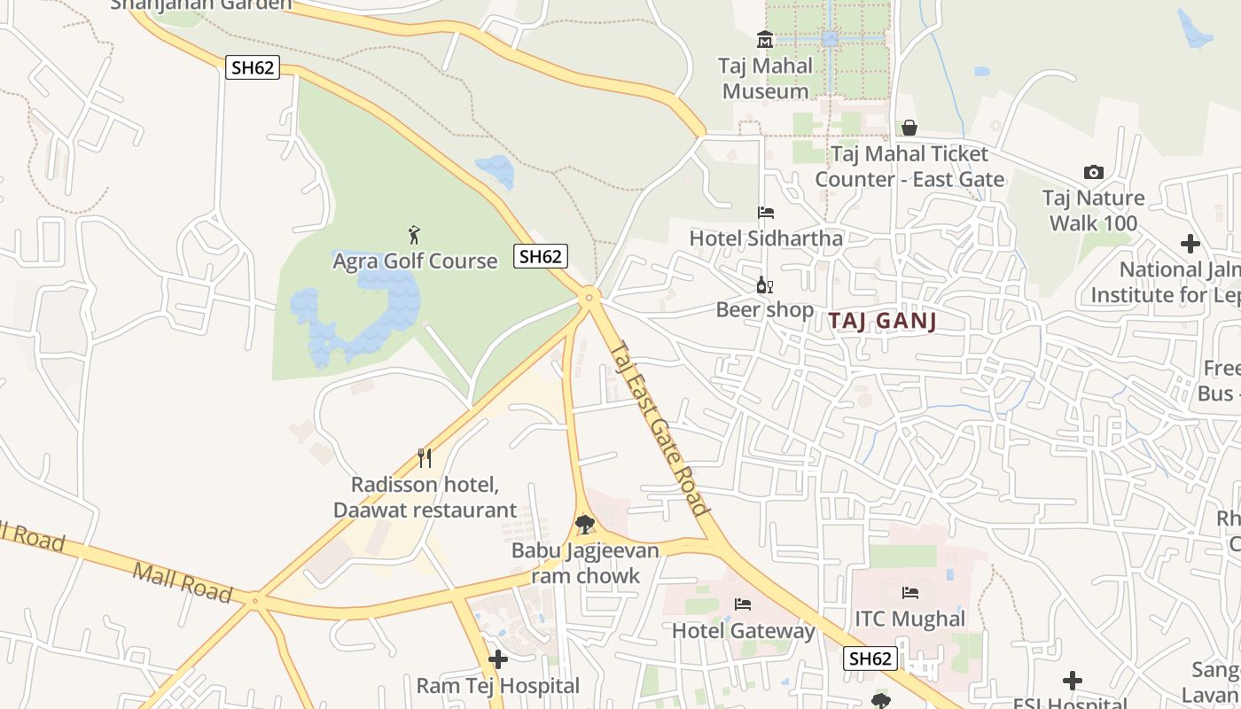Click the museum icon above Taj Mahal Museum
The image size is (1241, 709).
coord(764,40)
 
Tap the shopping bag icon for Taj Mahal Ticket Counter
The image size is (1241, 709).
coord(909,129)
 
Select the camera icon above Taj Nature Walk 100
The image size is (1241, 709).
coord(1093,173)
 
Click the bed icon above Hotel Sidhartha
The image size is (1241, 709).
coord(766,213)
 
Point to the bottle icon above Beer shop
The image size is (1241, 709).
coord(764,285)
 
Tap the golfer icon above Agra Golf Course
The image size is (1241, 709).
coord(414,235)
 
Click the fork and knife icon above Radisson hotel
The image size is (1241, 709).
coord(425,458)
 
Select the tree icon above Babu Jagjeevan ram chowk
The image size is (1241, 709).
coord(584,525)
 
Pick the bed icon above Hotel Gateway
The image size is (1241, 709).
coord(743,604)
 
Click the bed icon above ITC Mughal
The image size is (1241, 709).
coord(909,593)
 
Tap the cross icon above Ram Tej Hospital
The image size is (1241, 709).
coord(498,659)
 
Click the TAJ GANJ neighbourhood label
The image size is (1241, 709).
coord(883,321)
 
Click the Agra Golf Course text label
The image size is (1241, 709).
coord(415,261)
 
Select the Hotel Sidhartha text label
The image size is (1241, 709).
coord(766,238)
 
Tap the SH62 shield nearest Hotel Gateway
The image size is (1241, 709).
coord(870,658)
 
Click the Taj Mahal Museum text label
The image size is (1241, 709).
coord(767,78)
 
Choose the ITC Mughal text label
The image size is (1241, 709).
coord(909,619)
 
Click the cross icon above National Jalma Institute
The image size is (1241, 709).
coord(1190,244)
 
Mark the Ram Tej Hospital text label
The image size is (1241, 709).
coord(498,686)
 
